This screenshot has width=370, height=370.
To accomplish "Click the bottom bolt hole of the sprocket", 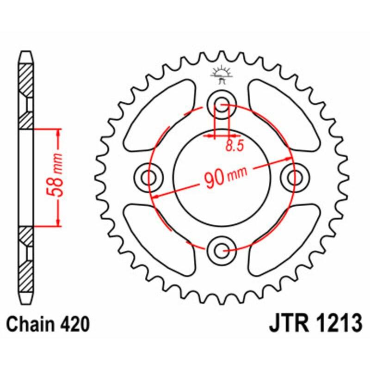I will (x=220, y=250).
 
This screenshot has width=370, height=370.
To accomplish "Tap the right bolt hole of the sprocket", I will (x=293, y=177).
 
